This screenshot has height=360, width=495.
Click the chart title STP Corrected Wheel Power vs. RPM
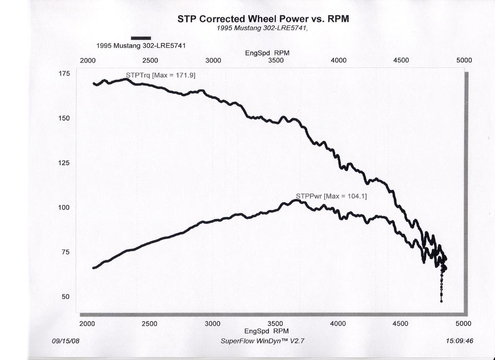(263, 19)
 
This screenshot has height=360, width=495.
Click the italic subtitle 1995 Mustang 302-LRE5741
(263, 29)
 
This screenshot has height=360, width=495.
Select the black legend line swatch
(141, 38)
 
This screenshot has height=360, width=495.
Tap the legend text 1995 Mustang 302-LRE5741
(141, 46)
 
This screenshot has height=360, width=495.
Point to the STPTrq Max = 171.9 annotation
(160, 74)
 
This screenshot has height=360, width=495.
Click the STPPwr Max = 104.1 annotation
(331, 196)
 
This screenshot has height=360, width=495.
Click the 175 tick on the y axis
(65, 74)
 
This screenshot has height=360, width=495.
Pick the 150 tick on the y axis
(65, 118)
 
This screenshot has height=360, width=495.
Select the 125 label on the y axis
(65, 163)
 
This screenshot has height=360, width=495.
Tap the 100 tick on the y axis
(65, 208)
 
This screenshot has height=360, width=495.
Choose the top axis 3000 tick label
(213, 61)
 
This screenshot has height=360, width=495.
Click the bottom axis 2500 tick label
(150, 324)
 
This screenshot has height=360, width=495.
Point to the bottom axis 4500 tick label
(400, 324)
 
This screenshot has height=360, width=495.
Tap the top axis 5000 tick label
(464, 61)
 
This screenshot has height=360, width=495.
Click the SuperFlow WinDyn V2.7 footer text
(263, 341)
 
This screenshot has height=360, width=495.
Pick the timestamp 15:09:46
(459, 341)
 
